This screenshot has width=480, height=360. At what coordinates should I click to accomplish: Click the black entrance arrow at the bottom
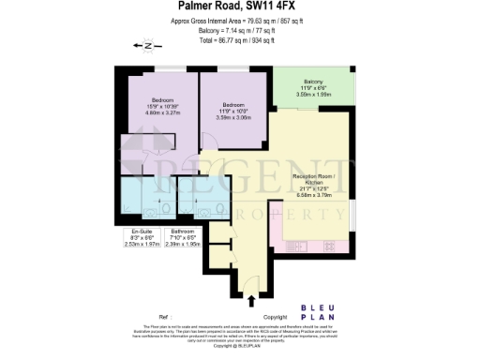(x=251, y=301)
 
